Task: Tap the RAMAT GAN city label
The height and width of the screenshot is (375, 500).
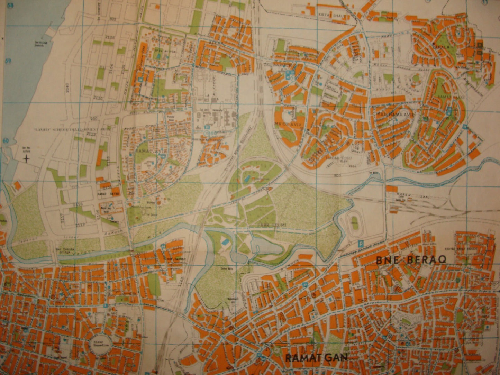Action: point(316,358)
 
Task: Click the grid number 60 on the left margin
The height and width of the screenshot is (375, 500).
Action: point(5,141)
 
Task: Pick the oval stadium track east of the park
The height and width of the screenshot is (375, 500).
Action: point(354,221)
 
